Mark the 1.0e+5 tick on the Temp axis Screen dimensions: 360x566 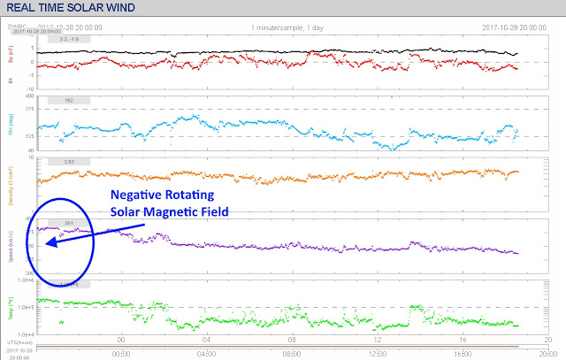click(26, 307)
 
